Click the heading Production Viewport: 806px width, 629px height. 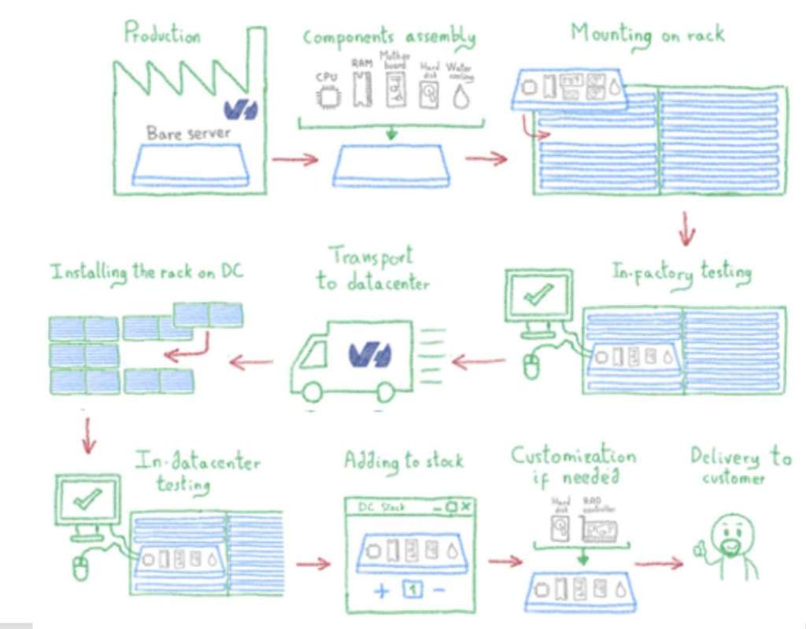click(x=162, y=34)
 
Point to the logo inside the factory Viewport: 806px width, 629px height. click(x=240, y=108)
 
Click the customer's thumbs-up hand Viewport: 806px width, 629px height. click(x=699, y=552)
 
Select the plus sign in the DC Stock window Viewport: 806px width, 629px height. click(x=381, y=590)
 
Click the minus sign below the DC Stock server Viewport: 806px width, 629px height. click(x=438, y=589)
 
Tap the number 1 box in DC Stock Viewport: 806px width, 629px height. click(x=411, y=589)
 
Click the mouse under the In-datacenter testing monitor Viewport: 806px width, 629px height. click(x=80, y=567)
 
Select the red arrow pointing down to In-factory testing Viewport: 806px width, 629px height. click(x=687, y=228)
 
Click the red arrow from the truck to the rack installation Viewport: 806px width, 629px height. click(x=252, y=363)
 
